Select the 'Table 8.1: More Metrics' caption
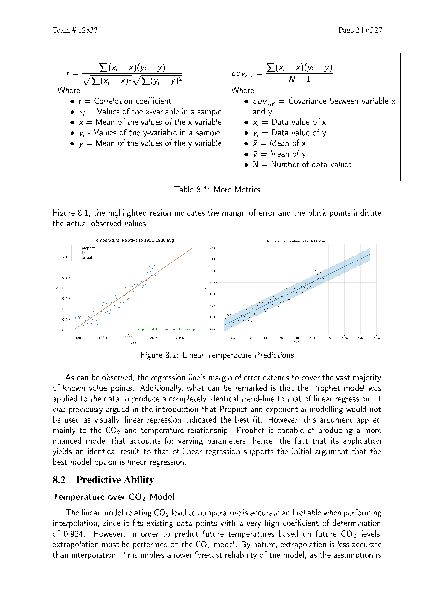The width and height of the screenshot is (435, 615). (217, 190)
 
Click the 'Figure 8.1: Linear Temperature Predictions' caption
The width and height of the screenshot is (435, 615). (217, 355)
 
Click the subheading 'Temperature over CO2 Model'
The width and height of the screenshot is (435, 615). (114, 497)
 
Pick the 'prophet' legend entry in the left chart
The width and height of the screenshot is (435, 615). (88, 248)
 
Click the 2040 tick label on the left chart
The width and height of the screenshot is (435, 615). (180, 338)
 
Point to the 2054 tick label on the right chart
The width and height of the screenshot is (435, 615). (376, 338)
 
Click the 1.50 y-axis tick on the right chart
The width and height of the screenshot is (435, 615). (212, 248)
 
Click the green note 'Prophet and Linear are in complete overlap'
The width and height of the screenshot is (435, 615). (166, 329)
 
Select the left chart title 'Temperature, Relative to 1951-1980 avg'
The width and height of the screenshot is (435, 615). (134, 240)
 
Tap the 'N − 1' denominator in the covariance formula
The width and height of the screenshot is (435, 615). (299, 79)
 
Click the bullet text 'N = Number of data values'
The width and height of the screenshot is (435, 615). (302, 164)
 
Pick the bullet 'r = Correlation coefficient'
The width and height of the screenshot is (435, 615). (125, 101)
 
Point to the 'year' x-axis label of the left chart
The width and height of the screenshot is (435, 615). (134, 342)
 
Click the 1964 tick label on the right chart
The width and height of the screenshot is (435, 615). (232, 338)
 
